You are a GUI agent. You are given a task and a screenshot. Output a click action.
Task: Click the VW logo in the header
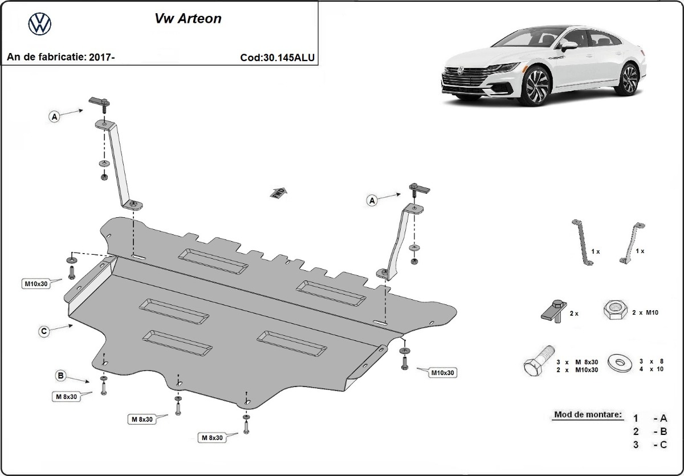(40, 24)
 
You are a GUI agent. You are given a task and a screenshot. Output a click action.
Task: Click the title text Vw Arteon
(188, 19)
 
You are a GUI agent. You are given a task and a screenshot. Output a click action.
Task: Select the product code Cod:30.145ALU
(278, 58)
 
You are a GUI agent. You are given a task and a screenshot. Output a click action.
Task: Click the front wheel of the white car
(537, 86)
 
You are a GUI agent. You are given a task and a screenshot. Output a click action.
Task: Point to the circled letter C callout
(43, 331)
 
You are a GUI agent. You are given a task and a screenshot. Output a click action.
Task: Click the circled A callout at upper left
(54, 117)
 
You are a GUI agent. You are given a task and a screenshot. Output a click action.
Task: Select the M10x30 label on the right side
(443, 372)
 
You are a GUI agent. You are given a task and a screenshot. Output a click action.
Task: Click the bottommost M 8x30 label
(211, 438)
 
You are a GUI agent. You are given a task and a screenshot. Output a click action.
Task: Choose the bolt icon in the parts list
(538, 363)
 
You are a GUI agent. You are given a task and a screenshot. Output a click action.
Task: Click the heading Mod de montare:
(587, 414)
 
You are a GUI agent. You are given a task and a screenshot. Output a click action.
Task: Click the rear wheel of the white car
(629, 79)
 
